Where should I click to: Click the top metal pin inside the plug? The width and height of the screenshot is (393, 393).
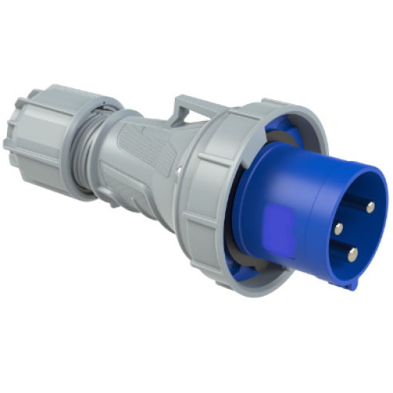[370, 206]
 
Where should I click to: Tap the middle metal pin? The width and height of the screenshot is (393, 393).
[339, 227]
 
